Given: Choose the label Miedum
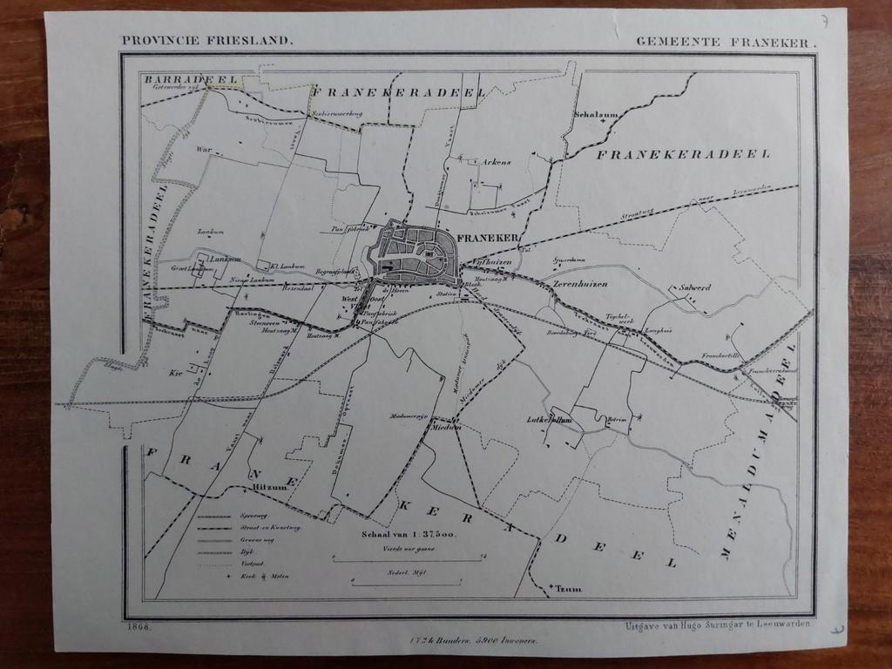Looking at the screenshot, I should tap(445, 428).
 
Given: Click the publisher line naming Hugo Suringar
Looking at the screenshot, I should tap(717, 625).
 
